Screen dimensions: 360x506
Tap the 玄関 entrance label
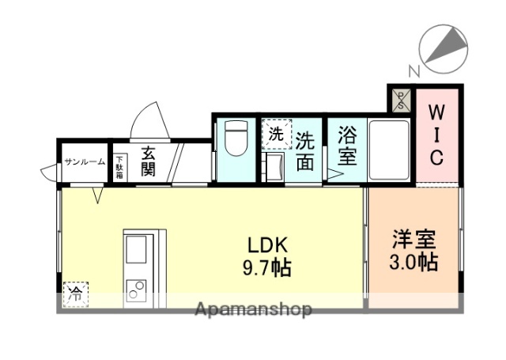pos(148,161)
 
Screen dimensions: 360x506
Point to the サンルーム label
pos(85,161)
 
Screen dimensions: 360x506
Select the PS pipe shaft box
pos(400,99)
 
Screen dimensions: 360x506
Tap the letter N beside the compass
pos(413,70)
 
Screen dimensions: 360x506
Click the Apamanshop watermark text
pos(253,309)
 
